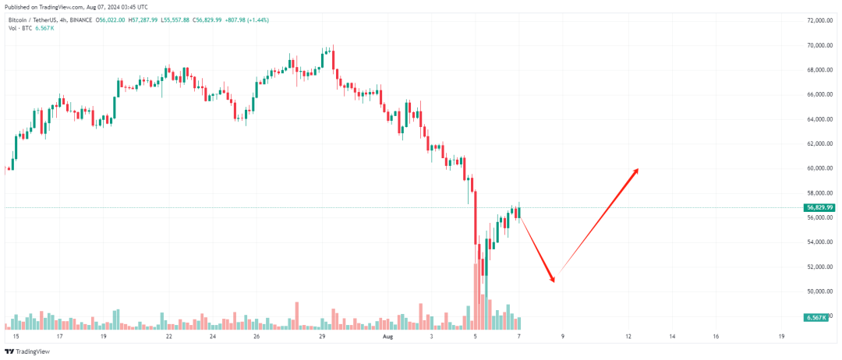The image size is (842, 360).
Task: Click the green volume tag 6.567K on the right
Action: (816, 318)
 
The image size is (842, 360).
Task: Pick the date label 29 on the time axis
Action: (322, 337)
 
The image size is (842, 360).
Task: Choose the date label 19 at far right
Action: (781, 337)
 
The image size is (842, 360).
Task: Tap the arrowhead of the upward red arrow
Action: (637, 171)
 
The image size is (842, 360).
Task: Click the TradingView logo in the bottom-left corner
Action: (30, 352)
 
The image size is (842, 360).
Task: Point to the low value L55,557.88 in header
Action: (201, 19)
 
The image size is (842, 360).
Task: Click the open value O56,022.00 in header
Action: (110, 19)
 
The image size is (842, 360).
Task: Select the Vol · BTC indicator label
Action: (19, 28)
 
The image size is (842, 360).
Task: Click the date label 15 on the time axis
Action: (16, 337)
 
